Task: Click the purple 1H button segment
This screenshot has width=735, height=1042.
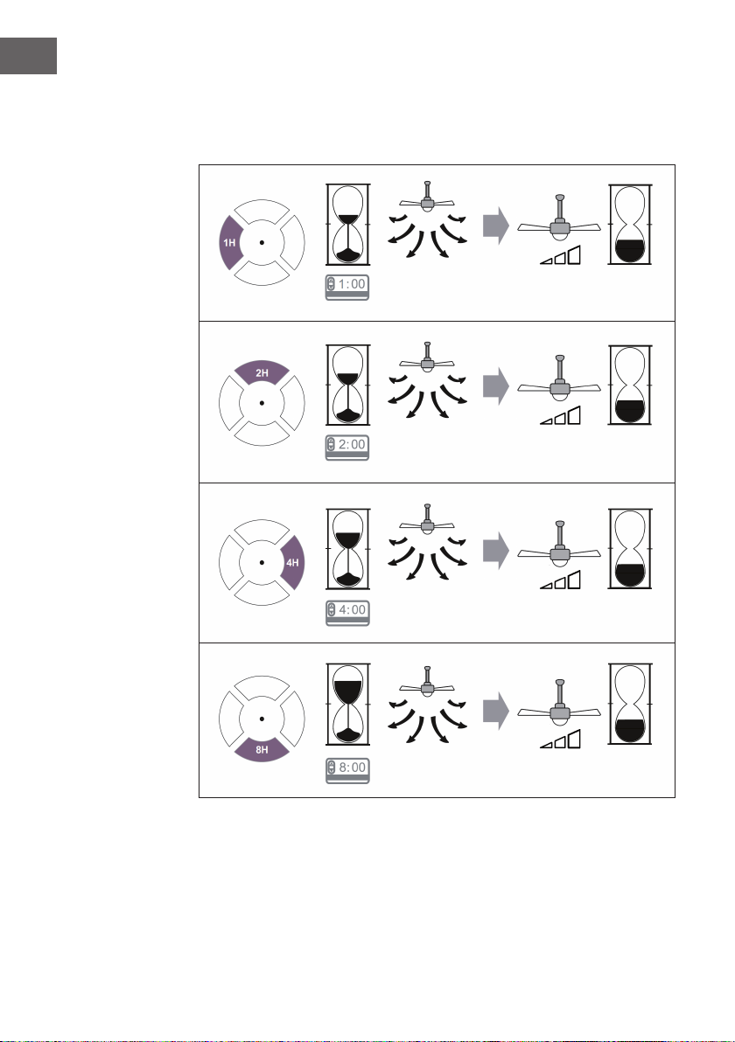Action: click(229, 242)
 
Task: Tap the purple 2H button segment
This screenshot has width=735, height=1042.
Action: click(262, 372)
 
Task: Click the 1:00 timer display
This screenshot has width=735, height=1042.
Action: click(347, 287)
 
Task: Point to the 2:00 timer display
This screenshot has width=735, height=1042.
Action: click(347, 448)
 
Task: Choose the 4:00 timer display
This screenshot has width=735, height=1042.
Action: click(347, 613)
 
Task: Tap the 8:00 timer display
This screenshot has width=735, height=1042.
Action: click(347, 770)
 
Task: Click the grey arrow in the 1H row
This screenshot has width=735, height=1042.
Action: click(495, 226)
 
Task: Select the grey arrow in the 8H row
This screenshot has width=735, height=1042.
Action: click(495, 712)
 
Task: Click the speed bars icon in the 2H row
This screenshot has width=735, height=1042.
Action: click(561, 415)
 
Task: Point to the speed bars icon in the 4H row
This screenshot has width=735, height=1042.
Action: click(561, 580)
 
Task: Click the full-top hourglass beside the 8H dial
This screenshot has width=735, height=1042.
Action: click(348, 705)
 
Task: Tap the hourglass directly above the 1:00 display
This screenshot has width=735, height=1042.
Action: click(348, 225)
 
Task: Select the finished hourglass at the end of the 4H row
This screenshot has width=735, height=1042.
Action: click(630, 549)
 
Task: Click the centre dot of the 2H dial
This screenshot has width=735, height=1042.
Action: click(262, 403)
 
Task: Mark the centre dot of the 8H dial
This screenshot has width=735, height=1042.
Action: click(262, 719)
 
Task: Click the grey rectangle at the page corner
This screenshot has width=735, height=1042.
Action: click(28, 56)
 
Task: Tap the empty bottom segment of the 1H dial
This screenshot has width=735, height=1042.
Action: click(262, 273)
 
